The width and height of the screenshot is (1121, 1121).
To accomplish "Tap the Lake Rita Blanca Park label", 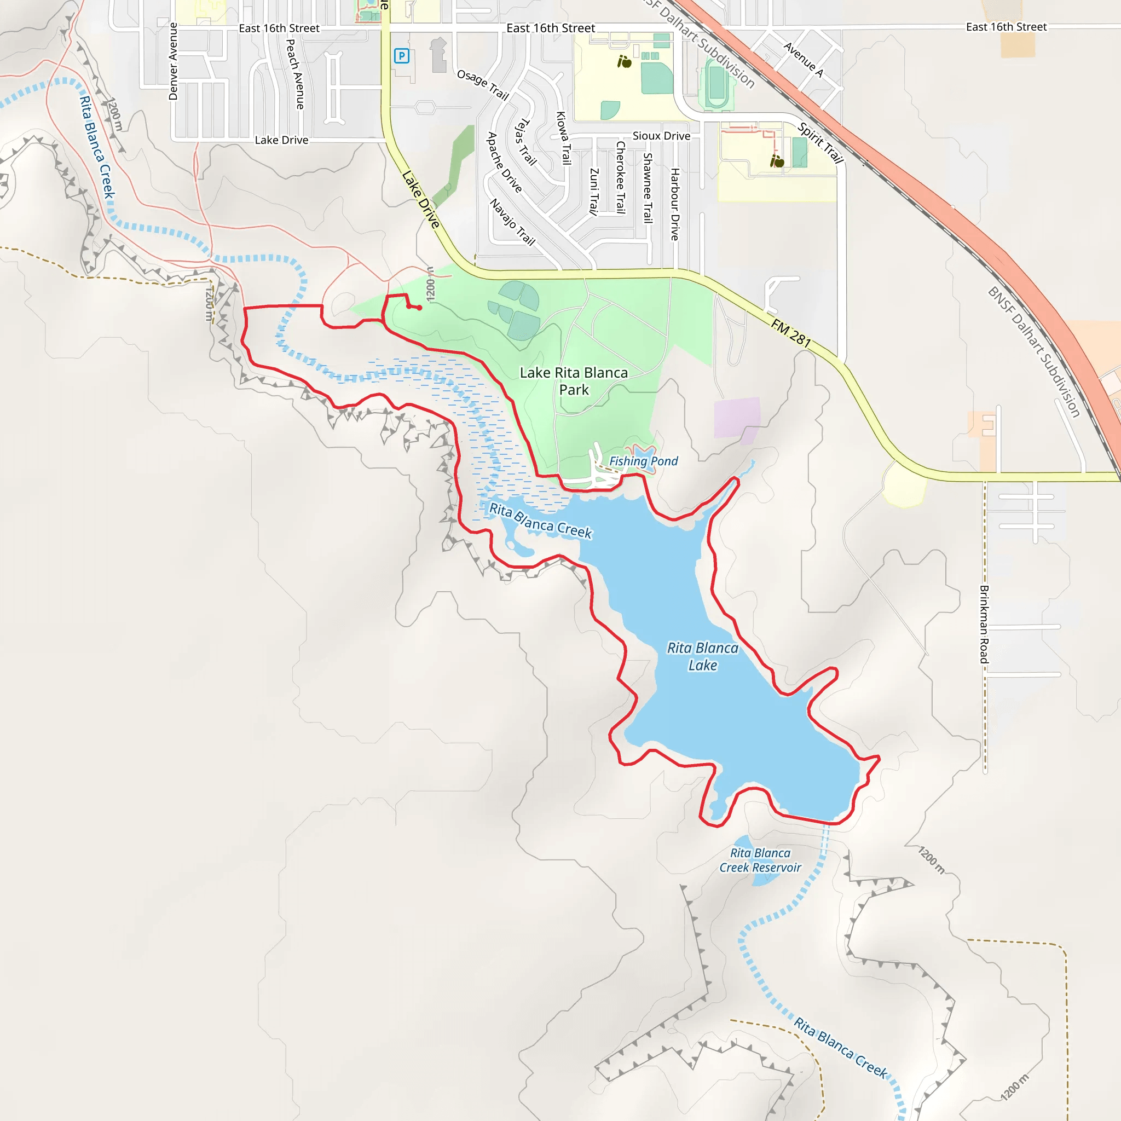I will pos(573,381).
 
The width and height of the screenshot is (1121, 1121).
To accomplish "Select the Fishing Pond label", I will pos(643,461).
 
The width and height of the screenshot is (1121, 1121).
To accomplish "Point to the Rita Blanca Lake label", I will pos(703,656).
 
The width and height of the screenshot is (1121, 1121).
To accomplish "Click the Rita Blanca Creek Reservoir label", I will pos(760,860).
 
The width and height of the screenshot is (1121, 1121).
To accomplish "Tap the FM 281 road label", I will pos(791,332).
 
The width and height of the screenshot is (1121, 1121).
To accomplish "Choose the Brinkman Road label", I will pos(984,625).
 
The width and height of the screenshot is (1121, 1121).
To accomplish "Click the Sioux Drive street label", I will pos(661,136).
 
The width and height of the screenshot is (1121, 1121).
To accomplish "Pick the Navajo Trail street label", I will pos(512,222).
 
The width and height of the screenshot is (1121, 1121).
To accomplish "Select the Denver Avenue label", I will pos(173,61).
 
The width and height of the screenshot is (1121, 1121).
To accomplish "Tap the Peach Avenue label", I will pos(296,74).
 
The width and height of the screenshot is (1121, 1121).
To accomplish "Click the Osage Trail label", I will pos(483,85).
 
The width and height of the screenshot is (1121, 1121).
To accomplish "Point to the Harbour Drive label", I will pos(675,204).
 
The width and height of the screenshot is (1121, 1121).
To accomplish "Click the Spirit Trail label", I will pos(820,143).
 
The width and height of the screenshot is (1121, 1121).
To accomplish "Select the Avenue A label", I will pos(804,59).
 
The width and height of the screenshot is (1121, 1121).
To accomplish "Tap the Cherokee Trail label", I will pos(620,177).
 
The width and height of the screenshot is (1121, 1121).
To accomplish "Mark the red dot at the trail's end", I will pos(419,308).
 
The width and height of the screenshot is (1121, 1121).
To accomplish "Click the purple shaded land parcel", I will pos(737,418).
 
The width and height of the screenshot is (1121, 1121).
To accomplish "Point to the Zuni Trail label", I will pos(593,192).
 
